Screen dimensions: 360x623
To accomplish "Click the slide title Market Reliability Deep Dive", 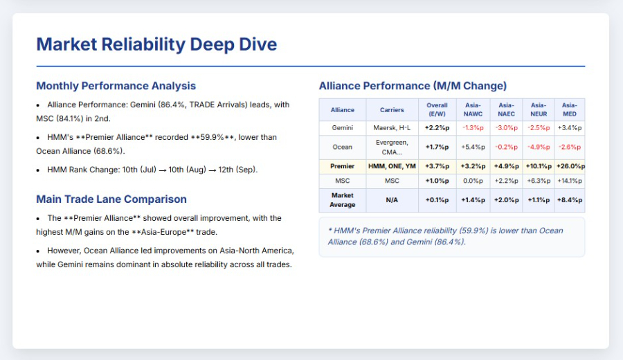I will click(x=156, y=45).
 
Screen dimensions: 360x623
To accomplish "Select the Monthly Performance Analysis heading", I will click(x=116, y=86).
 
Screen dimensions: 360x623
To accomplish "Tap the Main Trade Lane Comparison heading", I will click(x=111, y=199).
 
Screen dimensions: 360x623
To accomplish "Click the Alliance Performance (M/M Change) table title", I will click(x=413, y=86).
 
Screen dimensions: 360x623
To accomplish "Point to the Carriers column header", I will click(x=392, y=109).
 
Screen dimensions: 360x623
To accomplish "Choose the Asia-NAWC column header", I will click(x=473, y=109).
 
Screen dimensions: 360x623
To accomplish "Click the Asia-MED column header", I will click(x=570, y=109).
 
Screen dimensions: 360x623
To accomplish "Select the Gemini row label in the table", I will click(x=342, y=128).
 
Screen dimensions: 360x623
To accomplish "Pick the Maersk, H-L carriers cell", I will click(x=392, y=128).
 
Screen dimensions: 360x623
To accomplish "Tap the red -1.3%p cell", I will click(x=473, y=128).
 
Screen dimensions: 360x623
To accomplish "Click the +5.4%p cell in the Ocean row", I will click(x=473, y=147).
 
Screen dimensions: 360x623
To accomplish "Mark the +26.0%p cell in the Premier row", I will click(x=570, y=166).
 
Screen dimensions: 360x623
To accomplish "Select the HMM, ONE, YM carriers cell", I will click(x=392, y=166).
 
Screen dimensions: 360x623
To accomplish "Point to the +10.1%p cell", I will click(x=538, y=166).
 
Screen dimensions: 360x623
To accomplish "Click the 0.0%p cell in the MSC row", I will click(x=473, y=181).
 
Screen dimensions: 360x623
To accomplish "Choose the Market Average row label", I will click(x=342, y=200).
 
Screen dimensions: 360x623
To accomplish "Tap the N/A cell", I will click(x=392, y=200).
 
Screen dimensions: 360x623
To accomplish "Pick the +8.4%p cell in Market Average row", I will click(x=570, y=200).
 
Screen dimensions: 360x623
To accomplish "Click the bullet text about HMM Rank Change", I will click(x=152, y=170).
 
